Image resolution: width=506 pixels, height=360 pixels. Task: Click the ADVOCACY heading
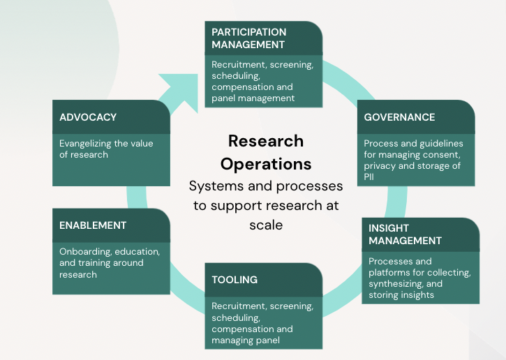pos(88,117)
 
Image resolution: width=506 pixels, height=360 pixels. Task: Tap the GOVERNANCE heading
pos(399,117)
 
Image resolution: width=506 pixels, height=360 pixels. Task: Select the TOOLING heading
pos(235,280)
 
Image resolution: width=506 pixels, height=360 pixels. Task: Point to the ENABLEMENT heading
pos(93,225)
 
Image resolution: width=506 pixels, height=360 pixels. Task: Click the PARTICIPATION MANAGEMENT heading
pos(249,38)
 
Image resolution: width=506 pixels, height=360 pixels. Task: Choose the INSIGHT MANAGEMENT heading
pos(405,234)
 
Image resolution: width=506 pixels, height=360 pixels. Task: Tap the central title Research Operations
pos(266,152)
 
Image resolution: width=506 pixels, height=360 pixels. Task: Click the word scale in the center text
pos(266,225)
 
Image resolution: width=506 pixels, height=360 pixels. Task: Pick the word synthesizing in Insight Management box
pos(396,284)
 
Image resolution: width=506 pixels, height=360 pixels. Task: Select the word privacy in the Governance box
pos(378,166)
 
